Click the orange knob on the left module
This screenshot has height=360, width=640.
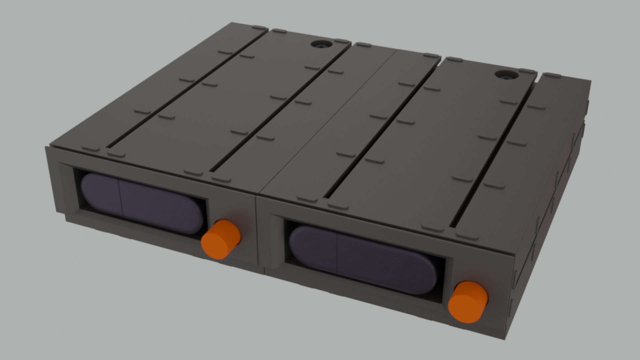tap(221, 239)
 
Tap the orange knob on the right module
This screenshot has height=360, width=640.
tap(468, 302)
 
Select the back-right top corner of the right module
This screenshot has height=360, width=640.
tap(589, 81)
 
